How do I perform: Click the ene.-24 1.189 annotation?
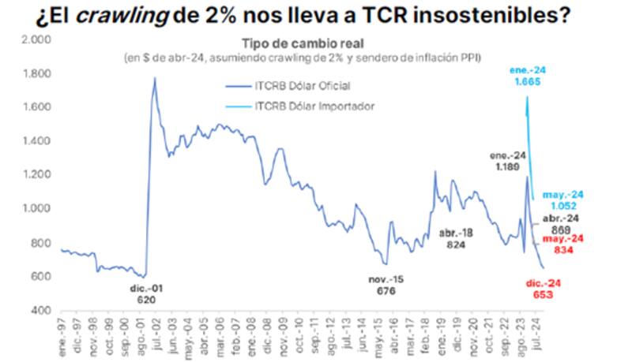coord(505,162)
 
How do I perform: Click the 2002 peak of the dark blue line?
coord(155,77)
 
